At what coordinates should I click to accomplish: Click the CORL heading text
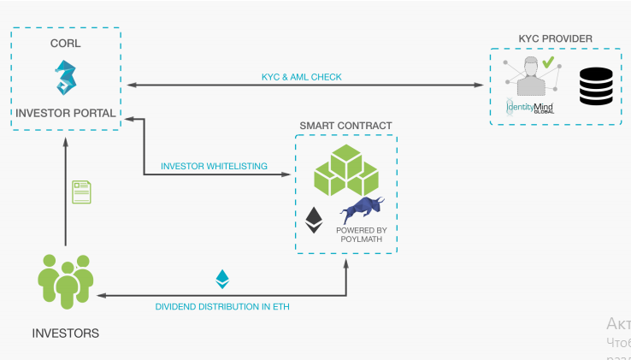pyautogui.click(x=66, y=43)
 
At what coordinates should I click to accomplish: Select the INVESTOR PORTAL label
pyautogui.click(x=65, y=113)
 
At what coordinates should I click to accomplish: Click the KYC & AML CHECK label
pyautogui.click(x=301, y=77)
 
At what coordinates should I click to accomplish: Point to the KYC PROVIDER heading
pyautogui.click(x=555, y=38)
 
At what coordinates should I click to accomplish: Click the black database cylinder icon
pyautogui.click(x=596, y=87)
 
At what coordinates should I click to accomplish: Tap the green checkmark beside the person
pyautogui.click(x=547, y=62)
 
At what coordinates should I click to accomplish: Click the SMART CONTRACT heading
pyautogui.click(x=345, y=126)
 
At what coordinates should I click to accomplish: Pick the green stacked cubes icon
pyautogui.click(x=346, y=172)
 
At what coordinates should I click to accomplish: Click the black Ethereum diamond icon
pyautogui.click(x=315, y=221)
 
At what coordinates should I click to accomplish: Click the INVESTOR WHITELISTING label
pyautogui.click(x=214, y=166)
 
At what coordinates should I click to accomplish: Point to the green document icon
pyautogui.click(x=82, y=192)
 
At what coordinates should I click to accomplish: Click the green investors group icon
pyautogui.click(x=65, y=281)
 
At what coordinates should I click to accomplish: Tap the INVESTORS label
pyautogui.click(x=65, y=333)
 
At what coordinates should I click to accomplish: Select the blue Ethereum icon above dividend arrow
pyautogui.click(x=222, y=280)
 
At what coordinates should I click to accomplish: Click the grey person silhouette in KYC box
pyautogui.click(x=530, y=79)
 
